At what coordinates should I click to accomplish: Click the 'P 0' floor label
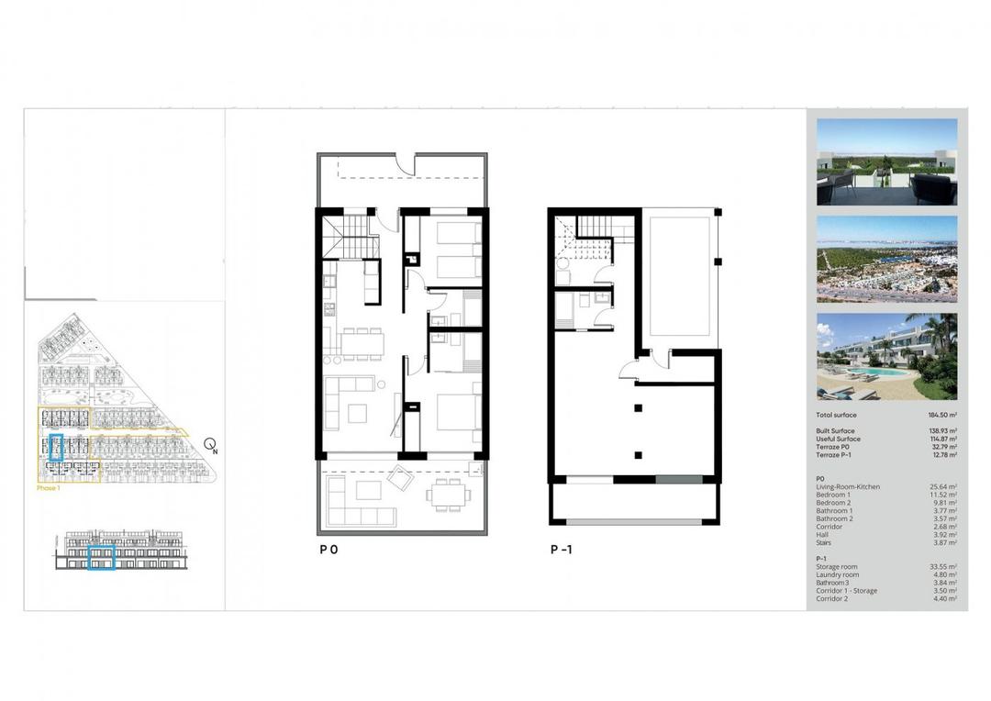(329, 551)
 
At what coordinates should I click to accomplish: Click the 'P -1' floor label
(561, 551)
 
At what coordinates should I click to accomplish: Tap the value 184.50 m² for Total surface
(941, 416)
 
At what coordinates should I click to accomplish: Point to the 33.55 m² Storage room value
(942, 567)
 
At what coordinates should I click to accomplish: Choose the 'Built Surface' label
(835, 431)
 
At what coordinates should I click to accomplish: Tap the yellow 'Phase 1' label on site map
(48, 489)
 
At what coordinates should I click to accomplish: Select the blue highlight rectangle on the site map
(55, 448)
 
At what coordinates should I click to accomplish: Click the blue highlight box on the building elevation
(101, 558)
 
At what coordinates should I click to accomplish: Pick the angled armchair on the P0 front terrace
(401, 477)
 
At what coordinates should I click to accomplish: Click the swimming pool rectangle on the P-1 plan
(679, 275)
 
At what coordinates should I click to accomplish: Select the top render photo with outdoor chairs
(886, 161)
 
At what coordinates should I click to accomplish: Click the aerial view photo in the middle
(886, 259)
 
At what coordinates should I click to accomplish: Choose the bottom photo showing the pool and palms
(886, 357)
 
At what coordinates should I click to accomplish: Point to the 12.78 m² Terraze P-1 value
(942, 455)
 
